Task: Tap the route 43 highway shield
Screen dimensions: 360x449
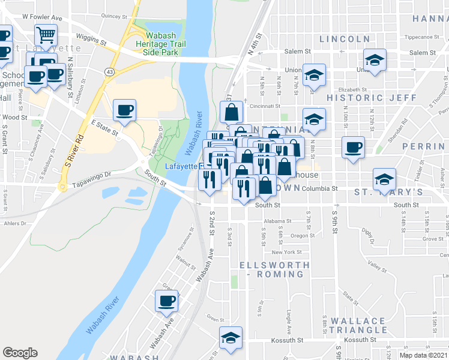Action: point(109,71)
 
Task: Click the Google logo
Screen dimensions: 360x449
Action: point(20,353)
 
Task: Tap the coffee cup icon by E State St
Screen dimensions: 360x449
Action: point(125,110)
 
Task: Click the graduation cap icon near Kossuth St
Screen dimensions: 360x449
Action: point(231,338)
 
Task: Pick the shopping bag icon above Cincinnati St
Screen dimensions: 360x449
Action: point(232,112)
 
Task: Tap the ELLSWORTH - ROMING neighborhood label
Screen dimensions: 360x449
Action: point(274,269)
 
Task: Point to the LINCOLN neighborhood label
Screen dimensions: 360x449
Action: point(345,39)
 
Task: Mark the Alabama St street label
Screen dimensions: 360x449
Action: point(276,220)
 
